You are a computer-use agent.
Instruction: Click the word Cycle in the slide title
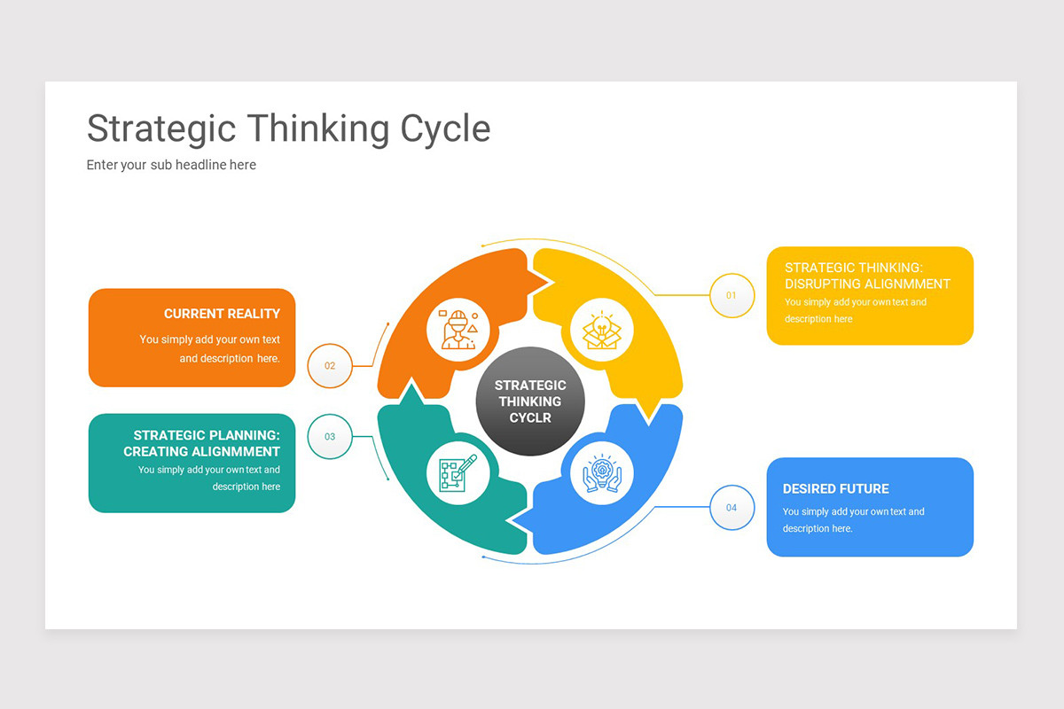coord(445,129)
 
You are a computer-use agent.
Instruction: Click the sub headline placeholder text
coord(171,165)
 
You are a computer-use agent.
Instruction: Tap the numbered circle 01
coord(731,295)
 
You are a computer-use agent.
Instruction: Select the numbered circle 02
coord(330,365)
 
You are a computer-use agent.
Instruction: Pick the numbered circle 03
coord(330,436)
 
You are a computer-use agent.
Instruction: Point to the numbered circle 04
coord(731,508)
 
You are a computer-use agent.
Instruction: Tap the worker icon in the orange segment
coord(458,329)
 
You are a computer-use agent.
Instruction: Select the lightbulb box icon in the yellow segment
coord(602,329)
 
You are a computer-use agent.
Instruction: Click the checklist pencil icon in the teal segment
coord(458,473)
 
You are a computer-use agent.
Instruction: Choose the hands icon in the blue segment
coord(602,473)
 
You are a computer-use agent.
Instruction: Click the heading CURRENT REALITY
coord(222,314)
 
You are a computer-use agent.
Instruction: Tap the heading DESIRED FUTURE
coord(835,488)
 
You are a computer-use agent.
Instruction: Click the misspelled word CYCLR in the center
coord(530,417)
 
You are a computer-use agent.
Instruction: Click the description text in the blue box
coord(853,520)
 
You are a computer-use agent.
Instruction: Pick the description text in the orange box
coord(210,349)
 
